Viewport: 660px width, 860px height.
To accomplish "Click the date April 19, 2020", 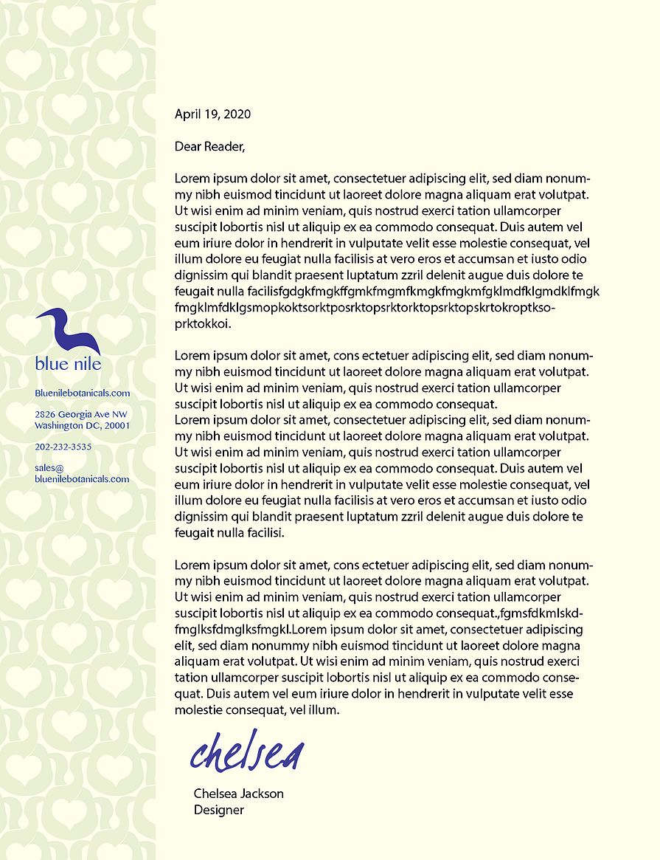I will click(212, 114).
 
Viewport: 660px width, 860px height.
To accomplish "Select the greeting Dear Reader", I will click(209, 147).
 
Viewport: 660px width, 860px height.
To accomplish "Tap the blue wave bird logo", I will click(68, 330).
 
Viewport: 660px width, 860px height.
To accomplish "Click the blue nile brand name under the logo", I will click(68, 363).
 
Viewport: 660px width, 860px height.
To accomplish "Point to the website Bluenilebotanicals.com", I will click(82, 393).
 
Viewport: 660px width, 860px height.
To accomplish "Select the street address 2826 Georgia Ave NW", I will click(81, 415).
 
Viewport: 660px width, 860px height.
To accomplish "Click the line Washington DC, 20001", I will click(82, 426).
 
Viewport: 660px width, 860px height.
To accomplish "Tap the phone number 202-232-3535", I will click(63, 447).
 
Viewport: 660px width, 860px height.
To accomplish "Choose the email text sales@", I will click(49, 468).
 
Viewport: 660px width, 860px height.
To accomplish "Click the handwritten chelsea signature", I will click(247, 751).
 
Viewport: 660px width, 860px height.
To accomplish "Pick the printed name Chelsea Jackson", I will click(238, 794).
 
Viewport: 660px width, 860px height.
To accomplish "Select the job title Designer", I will click(218, 810).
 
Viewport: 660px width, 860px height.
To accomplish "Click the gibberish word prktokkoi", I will click(203, 323).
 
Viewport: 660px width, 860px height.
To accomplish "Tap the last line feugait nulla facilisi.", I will click(229, 532).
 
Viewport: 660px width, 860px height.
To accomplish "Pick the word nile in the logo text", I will click(86, 363).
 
